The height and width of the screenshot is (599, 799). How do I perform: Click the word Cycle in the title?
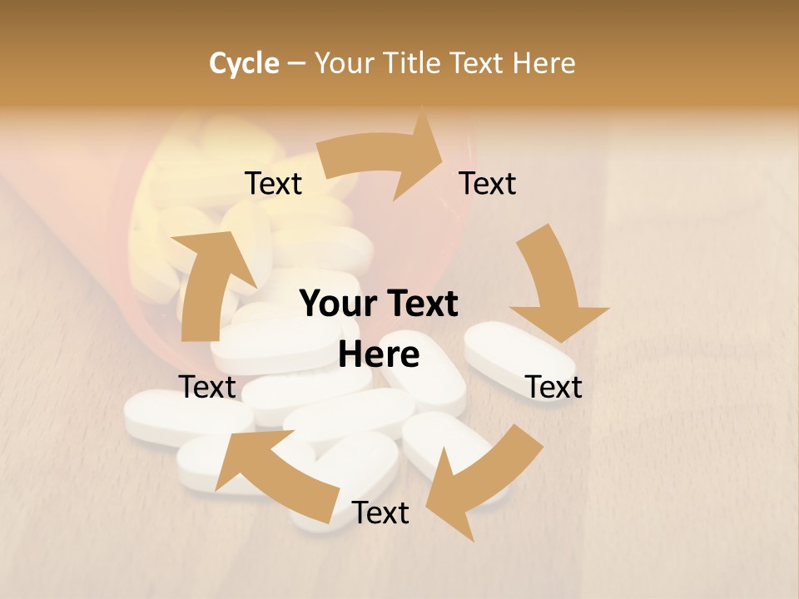point(244,63)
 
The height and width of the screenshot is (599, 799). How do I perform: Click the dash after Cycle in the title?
point(296,63)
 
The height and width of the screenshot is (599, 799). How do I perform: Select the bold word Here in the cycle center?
point(379,355)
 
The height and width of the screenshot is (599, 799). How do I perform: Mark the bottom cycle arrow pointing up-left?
point(266,466)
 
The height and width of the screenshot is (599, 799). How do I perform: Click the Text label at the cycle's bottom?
point(380,513)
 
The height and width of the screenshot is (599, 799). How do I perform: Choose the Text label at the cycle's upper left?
point(273,184)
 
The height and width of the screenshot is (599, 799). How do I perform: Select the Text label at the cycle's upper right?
point(488,184)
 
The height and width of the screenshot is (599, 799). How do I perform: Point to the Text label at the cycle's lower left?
point(207,387)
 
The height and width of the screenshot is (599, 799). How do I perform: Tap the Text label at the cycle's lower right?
point(554,387)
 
